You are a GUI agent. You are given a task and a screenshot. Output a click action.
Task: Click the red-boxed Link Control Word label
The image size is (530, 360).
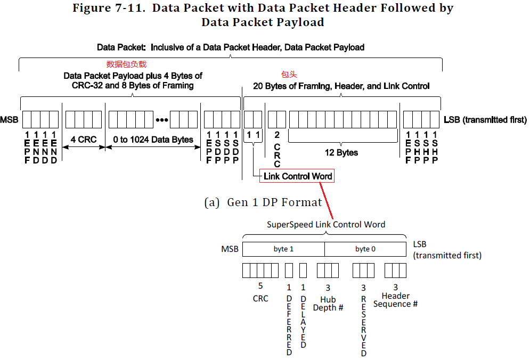[297, 176]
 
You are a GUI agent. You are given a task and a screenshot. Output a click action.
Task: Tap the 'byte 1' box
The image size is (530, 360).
[283, 249]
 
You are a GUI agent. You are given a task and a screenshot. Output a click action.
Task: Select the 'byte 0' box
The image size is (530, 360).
[365, 249]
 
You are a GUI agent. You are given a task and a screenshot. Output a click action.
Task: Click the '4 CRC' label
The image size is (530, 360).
[84, 140]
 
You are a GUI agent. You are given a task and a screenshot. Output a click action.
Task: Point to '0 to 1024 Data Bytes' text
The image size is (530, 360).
[153, 140]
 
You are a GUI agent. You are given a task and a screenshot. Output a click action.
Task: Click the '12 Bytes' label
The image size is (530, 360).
[341, 152]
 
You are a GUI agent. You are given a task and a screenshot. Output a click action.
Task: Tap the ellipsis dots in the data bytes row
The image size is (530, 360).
[162, 120]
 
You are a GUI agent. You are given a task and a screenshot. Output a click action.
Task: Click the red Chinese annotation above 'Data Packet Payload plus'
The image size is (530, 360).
[126, 64]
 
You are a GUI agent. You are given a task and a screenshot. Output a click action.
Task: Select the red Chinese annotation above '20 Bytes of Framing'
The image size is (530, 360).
[289, 75]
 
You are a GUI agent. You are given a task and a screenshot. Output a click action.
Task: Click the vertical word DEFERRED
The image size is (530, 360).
[289, 325]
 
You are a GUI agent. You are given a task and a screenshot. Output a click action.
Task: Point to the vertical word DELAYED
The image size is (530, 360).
[303, 322]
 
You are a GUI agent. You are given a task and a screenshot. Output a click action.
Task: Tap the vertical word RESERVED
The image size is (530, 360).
[364, 326]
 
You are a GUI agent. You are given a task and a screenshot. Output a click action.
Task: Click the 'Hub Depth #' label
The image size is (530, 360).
[328, 304]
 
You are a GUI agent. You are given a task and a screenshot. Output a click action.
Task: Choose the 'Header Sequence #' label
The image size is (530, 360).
[395, 300]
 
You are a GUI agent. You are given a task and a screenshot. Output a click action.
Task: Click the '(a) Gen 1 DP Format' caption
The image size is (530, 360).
[263, 202]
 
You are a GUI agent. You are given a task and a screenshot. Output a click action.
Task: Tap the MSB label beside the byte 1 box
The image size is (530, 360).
[230, 249]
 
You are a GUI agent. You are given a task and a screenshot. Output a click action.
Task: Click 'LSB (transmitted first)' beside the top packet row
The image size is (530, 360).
[485, 120]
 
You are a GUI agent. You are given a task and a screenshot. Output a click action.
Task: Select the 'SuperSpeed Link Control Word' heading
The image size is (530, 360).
[326, 224]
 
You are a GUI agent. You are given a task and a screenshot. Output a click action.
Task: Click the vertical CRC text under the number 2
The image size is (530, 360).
[277, 156]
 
